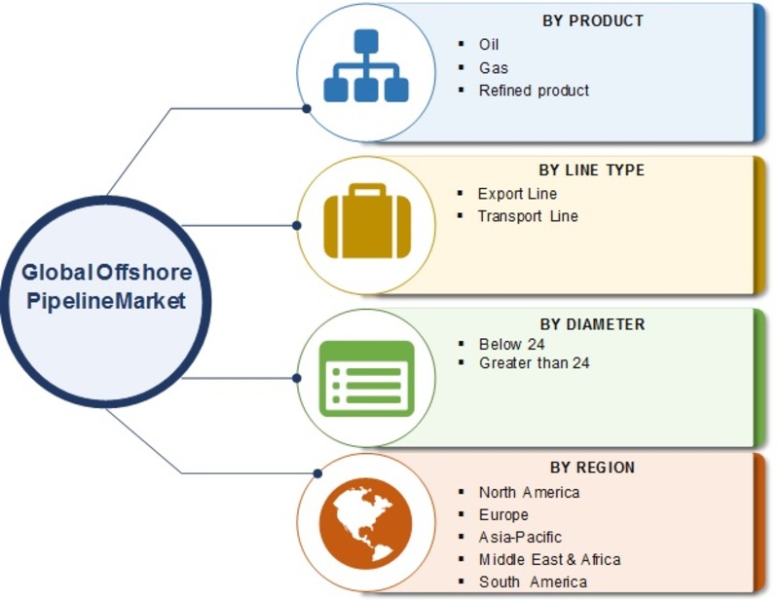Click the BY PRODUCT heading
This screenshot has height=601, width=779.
click(x=593, y=20)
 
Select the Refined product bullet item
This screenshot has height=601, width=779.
click(x=534, y=91)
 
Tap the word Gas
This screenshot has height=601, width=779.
click(x=494, y=67)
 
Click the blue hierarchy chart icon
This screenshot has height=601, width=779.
click(x=366, y=65)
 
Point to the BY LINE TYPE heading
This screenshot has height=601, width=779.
click(x=592, y=170)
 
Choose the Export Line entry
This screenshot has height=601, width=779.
click(x=517, y=194)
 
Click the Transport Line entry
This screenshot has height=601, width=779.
click(x=528, y=215)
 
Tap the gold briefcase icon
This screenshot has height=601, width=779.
click(x=367, y=221)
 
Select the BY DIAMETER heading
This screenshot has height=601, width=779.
click(x=593, y=324)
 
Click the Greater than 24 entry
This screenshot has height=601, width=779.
click(x=534, y=363)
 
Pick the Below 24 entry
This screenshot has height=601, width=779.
click(x=512, y=344)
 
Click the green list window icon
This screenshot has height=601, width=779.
click(x=367, y=378)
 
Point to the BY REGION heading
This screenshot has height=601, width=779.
click(x=592, y=468)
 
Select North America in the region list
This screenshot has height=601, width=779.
click(x=529, y=492)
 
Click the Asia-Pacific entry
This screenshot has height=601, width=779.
click(x=520, y=537)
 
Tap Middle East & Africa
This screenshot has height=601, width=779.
click(x=549, y=559)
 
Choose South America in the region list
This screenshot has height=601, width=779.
click(x=533, y=582)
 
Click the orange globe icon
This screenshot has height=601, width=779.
click(x=366, y=523)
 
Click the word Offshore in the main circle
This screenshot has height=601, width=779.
click(x=144, y=272)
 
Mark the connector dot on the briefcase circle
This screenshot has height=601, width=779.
click(x=297, y=226)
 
